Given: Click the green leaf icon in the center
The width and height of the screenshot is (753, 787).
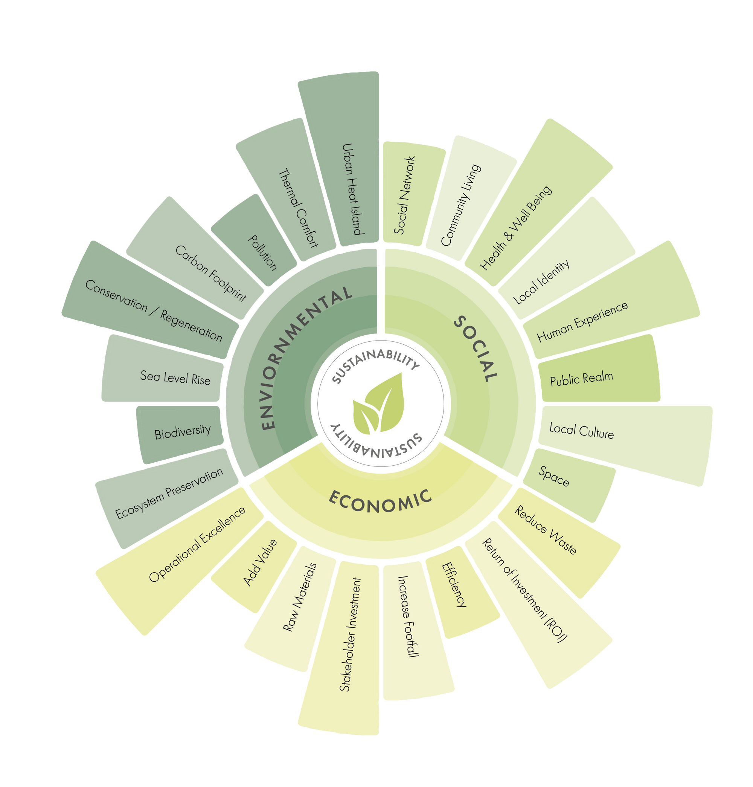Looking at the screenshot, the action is [x=378, y=403].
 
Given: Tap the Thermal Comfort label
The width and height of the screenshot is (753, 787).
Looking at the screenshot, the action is [x=298, y=208].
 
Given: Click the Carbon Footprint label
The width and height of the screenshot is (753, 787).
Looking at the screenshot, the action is [x=211, y=274].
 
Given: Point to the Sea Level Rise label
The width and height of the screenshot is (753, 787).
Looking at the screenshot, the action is [x=175, y=377].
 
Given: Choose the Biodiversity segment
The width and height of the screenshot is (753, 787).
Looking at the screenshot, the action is [x=183, y=432].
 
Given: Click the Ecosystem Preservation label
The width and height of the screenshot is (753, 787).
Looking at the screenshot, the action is [x=169, y=493].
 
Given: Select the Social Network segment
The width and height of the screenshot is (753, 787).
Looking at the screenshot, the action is [x=404, y=195].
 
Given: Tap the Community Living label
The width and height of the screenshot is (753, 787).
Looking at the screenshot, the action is [x=460, y=205].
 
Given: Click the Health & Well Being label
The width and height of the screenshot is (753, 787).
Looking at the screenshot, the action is [x=516, y=227].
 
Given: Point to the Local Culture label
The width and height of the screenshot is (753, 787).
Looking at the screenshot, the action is [x=582, y=431].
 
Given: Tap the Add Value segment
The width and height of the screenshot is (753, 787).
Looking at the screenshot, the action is [x=260, y=562].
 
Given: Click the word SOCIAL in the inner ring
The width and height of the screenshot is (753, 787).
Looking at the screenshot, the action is [x=476, y=348].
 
